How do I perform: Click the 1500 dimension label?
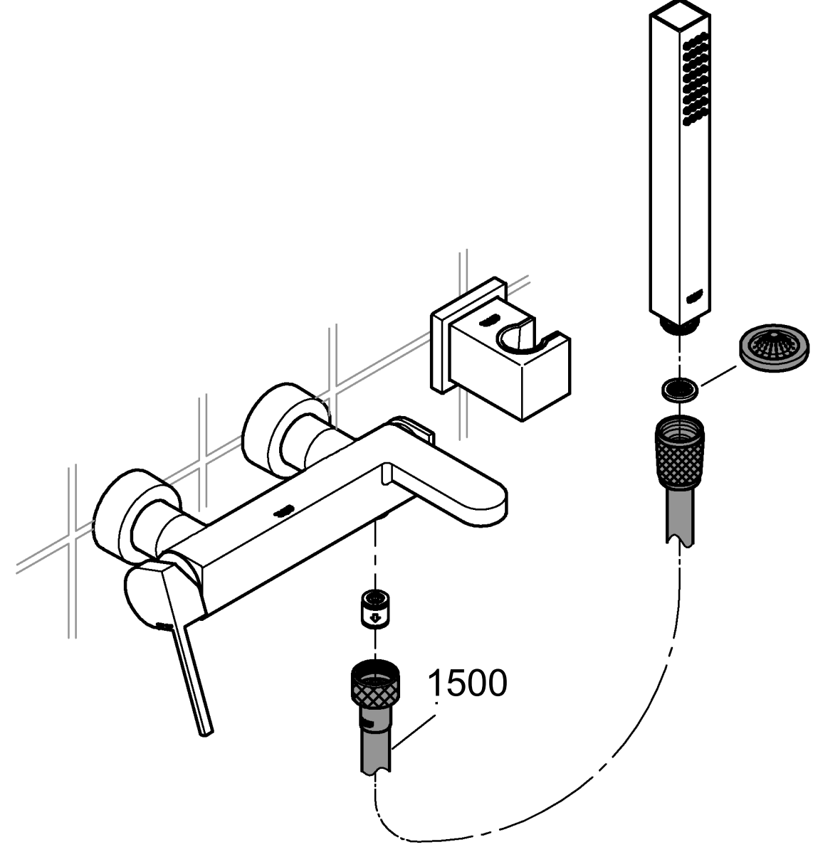(x=467, y=683)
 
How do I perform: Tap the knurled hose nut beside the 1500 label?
(x=374, y=686)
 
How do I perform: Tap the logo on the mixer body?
(x=283, y=509)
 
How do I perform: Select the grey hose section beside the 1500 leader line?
(x=374, y=750)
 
